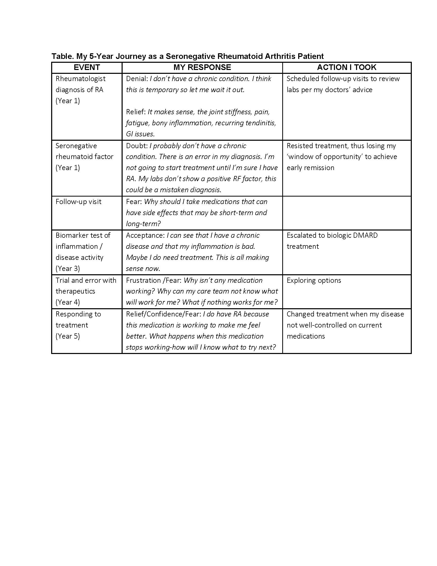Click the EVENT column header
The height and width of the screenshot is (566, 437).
87,67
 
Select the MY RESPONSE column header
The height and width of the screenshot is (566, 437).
202,67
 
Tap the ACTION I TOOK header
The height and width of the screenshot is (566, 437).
347,67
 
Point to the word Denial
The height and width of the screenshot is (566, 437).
136,79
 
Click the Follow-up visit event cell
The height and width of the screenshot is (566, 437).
78,202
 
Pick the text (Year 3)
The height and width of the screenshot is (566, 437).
68,269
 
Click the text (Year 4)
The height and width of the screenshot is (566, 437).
68,303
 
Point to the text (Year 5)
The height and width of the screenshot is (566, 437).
68,336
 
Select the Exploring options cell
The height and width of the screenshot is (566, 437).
314,280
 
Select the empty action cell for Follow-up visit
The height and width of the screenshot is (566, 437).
347,213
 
